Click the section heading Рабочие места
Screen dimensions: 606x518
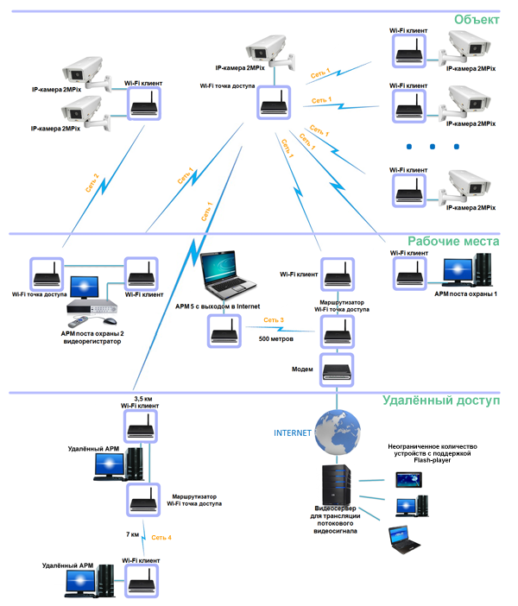(x=453, y=243)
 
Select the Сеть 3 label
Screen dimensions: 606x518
(x=275, y=321)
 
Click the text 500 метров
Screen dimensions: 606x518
(x=277, y=339)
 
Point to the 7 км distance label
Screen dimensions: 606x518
(x=132, y=535)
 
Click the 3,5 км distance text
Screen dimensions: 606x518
(x=143, y=399)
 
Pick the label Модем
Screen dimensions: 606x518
(x=303, y=369)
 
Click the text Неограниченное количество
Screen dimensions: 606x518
(x=432, y=446)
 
